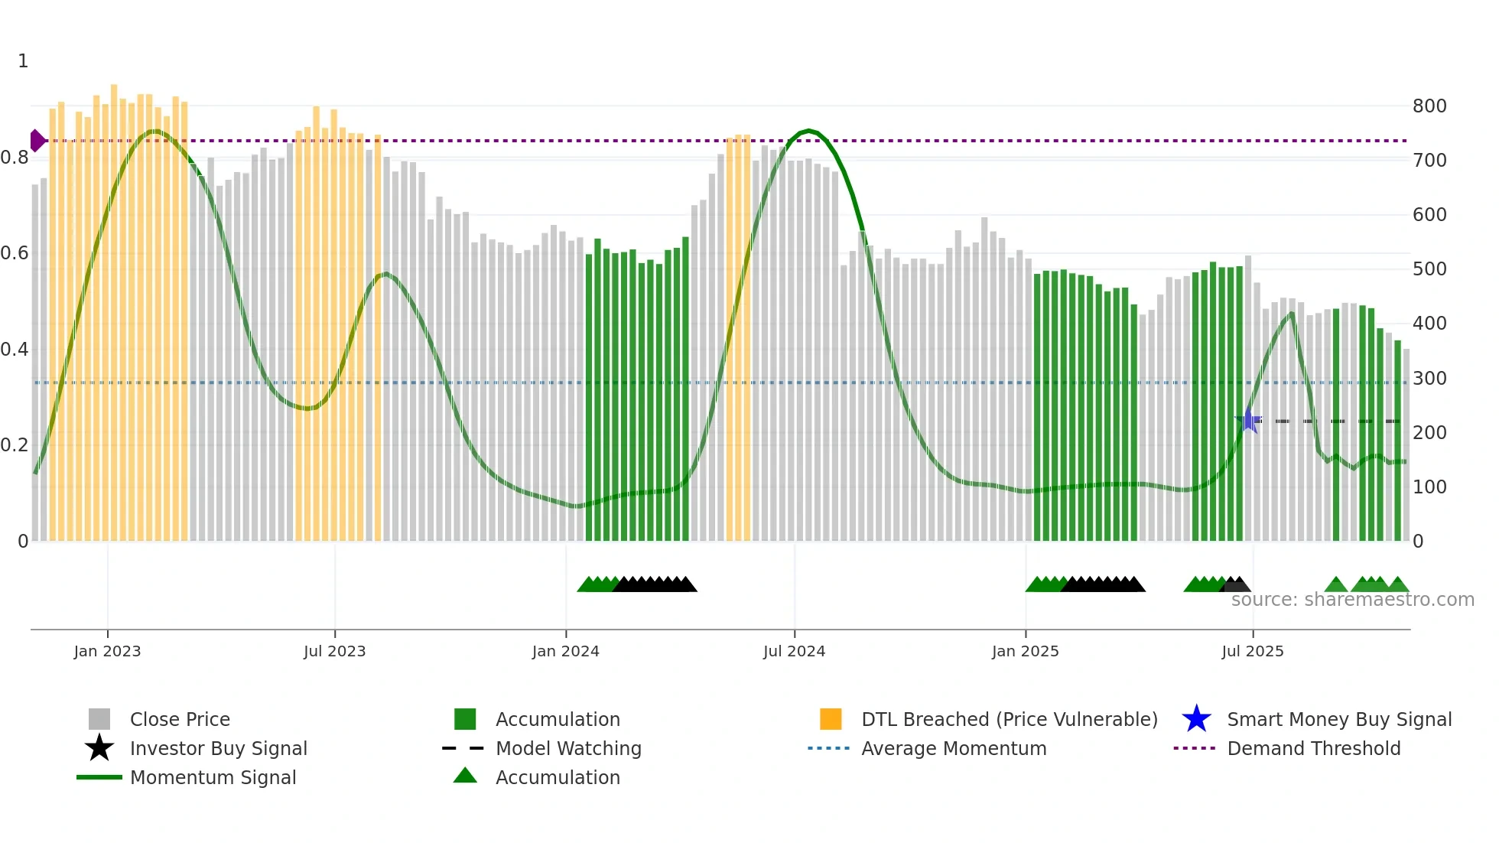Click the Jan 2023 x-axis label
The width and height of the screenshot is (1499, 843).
pyautogui.click(x=107, y=651)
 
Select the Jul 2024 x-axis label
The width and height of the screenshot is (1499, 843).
pyautogui.click(x=794, y=651)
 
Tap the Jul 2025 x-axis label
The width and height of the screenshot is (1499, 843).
pyautogui.click(x=1252, y=651)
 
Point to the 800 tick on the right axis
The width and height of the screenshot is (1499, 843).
pyautogui.click(x=1429, y=106)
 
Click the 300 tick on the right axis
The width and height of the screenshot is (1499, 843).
pyautogui.click(x=1429, y=379)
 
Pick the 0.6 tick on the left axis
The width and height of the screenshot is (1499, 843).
pyautogui.click(x=15, y=253)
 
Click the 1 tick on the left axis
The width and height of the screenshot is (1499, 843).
pyautogui.click(x=23, y=61)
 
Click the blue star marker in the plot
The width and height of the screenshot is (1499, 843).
pyautogui.click(x=1248, y=420)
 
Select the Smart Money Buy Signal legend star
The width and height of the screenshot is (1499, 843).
pyautogui.click(x=1196, y=719)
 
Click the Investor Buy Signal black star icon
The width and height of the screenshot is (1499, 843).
pyautogui.click(x=99, y=748)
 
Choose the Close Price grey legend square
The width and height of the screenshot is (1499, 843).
pyautogui.click(x=99, y=719)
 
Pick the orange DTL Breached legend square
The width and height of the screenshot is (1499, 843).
pyautogui.click(x=831, y=719)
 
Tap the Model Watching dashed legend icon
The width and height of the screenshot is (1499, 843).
pyautogui.click(x=463, y=748)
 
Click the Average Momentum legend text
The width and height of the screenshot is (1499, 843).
pyautogui.click(x=954, y=748)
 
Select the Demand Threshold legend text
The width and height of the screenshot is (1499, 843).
pyautogui.click(x=1313, y=748)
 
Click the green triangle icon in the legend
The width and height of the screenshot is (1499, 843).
pyautogui.click(x=465, y=776)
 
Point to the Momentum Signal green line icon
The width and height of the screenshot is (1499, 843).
pyautogui.click(x=99, y=777)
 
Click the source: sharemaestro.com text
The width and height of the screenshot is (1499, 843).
pyautogui.click(x=1352, y=600)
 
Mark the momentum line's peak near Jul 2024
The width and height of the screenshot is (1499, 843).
pyautogui.click(x=808, y=131)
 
